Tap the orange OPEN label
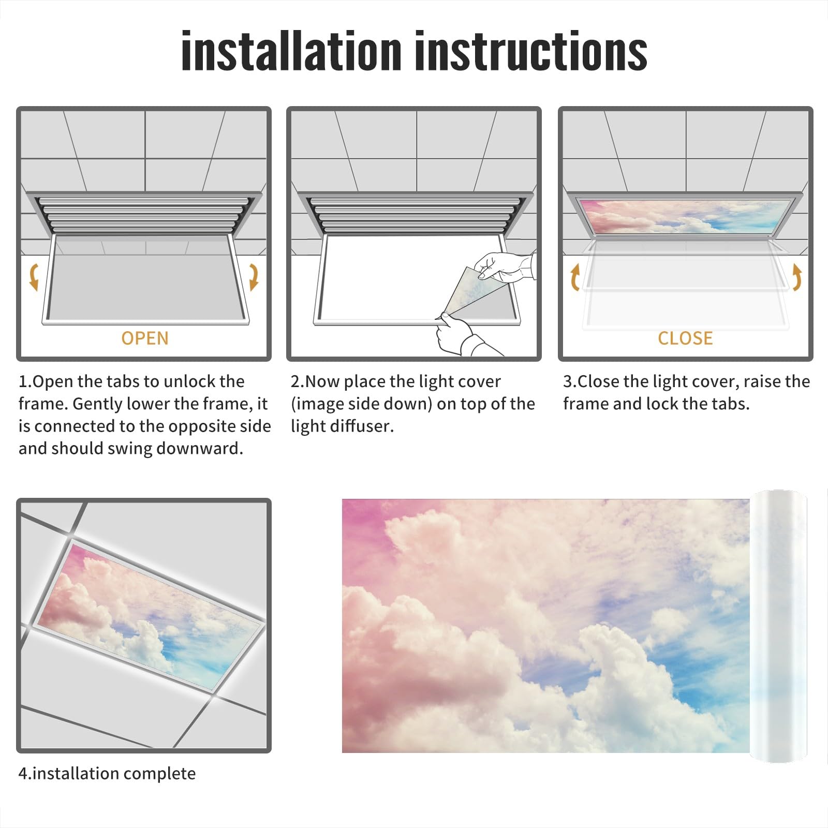(x=145, y=338)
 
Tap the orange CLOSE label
(x=685, y=338)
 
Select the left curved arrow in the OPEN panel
(x=34, y=276)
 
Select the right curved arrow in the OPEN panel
(x=254, y=276)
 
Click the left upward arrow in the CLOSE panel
(x=575, y=277)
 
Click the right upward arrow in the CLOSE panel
(x=797, y=277)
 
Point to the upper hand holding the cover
(x=505, y=267)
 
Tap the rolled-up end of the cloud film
(x=778, y=626)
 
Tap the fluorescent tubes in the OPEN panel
(x=145, y=213)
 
